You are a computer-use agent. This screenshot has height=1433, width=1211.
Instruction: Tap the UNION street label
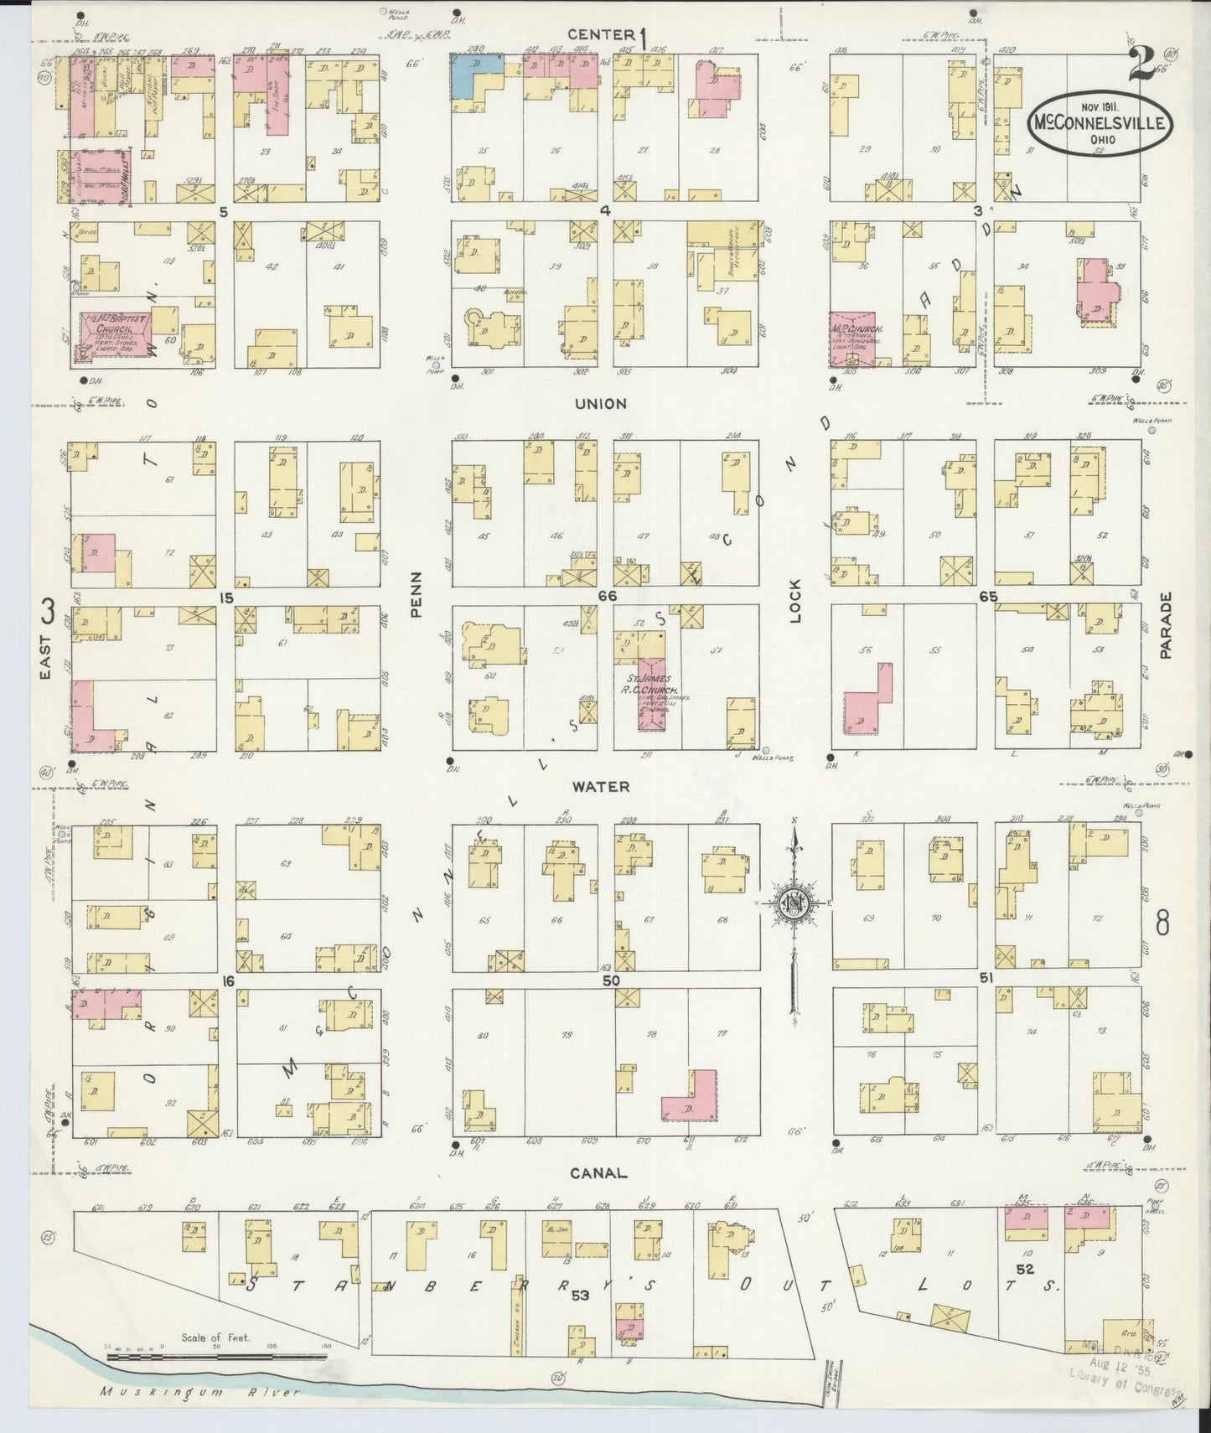pos(600,404)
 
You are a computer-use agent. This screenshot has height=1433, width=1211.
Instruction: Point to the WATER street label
pos(600,787)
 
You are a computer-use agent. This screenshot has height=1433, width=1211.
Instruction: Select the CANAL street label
pos(599,1173)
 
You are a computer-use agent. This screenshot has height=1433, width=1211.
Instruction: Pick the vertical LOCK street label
pos(794,600)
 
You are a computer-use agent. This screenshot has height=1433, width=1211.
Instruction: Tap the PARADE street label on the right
pos(1166,625)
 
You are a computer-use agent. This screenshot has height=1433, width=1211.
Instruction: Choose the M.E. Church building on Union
pos(851,339)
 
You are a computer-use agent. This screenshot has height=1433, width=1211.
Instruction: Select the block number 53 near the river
pos(581,1296)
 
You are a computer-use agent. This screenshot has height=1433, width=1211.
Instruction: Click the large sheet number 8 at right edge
pos(1162,923)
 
